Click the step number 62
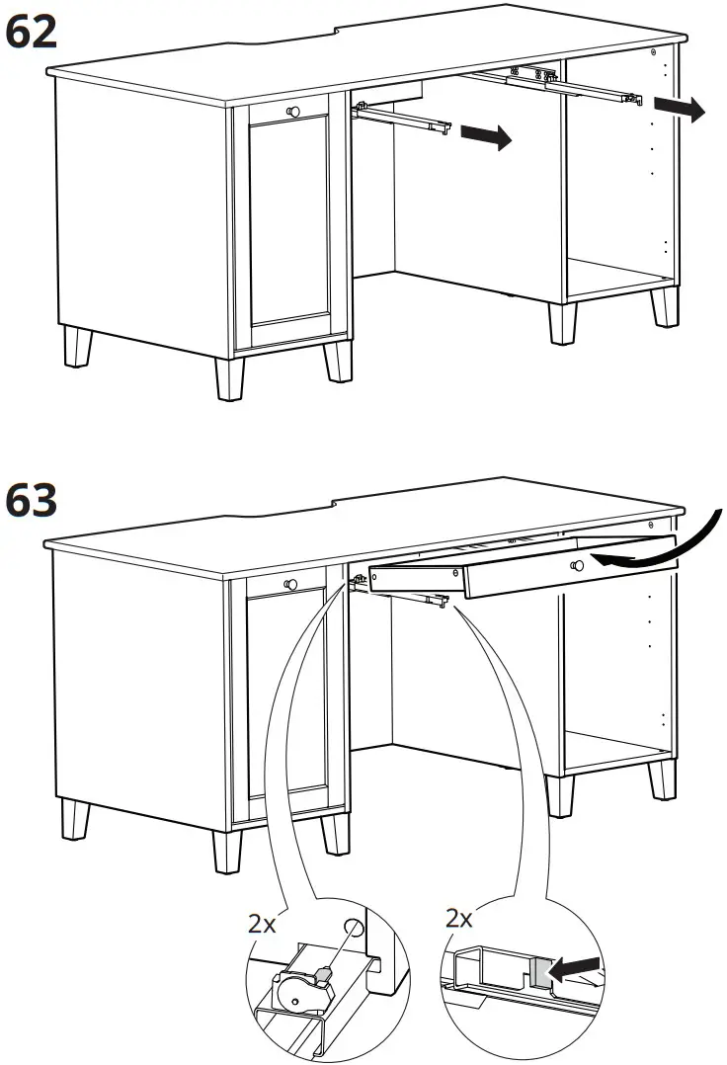(32, 32)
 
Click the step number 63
(32, 502)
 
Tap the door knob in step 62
(291, 112)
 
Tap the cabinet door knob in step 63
(291, 584)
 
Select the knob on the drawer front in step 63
(576, 565)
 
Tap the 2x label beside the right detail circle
(459, 919)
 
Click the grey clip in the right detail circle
(540, 972)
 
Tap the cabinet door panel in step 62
(290, 227)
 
